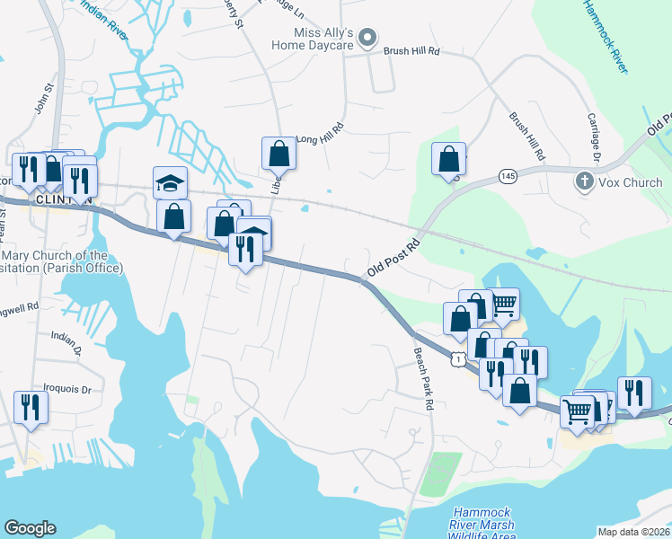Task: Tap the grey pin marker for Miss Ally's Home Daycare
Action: [x=367, y=38]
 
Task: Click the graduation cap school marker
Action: [x=170, y=182]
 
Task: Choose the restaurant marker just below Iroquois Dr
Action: [x=31, y=407]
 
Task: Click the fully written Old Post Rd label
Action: [x=393, y=258]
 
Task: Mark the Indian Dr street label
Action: [x=66, y=337]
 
